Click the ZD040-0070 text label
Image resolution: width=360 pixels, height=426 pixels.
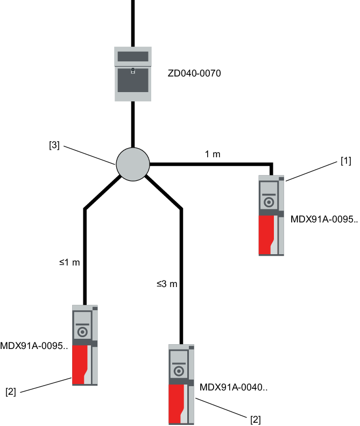coord(194,72)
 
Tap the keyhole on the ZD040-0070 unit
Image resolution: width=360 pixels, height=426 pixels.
coord(133,71)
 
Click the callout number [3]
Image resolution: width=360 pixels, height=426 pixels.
coord(54,145)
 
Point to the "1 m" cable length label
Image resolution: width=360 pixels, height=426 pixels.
coord(213,155)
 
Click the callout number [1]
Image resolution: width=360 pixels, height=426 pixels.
coord(345,162)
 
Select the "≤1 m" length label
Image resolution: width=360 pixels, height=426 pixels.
coord(69,263)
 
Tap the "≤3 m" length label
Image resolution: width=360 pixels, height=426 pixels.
coord(167,284)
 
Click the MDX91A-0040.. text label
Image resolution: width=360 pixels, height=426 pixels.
coord(234,387)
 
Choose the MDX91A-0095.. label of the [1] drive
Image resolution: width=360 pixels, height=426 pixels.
coord(323,219)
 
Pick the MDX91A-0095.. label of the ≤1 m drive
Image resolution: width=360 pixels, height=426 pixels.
coord(34,345)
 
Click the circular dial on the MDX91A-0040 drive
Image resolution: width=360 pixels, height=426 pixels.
coord(179,371)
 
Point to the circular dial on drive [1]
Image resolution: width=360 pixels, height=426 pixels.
coord(269,202)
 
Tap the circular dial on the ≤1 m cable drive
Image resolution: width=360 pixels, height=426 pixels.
coord(82,331)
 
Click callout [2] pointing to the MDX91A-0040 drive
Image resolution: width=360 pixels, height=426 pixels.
coord(256,420)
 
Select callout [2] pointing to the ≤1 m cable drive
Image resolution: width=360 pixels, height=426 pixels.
coord(11,392)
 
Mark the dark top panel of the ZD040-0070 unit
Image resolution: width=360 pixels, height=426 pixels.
coord(133,57)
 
